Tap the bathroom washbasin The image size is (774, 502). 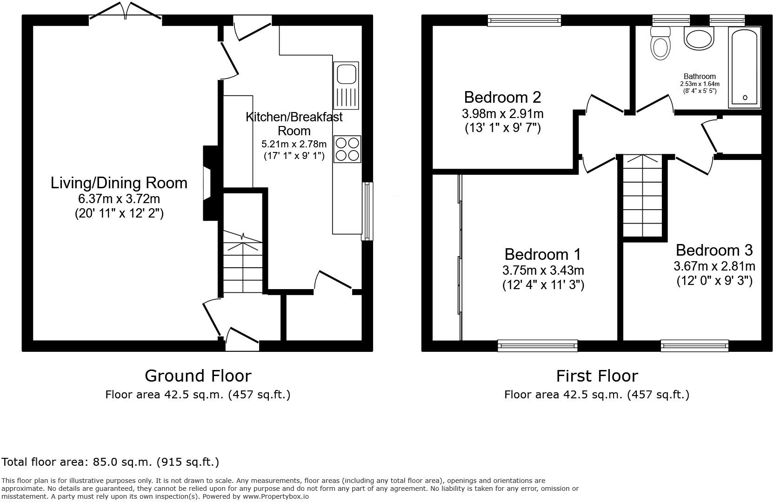699,38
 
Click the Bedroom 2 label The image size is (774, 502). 502,98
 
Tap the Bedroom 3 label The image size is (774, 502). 714,251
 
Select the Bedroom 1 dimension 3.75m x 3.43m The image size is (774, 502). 543,270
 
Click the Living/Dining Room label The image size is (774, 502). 119,183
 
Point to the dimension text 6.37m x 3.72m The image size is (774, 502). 119,199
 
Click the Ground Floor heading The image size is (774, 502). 198,376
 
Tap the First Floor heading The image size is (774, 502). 597,376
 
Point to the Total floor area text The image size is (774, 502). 110,462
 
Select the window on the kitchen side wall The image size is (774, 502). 367,211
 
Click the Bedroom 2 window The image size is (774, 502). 524,20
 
